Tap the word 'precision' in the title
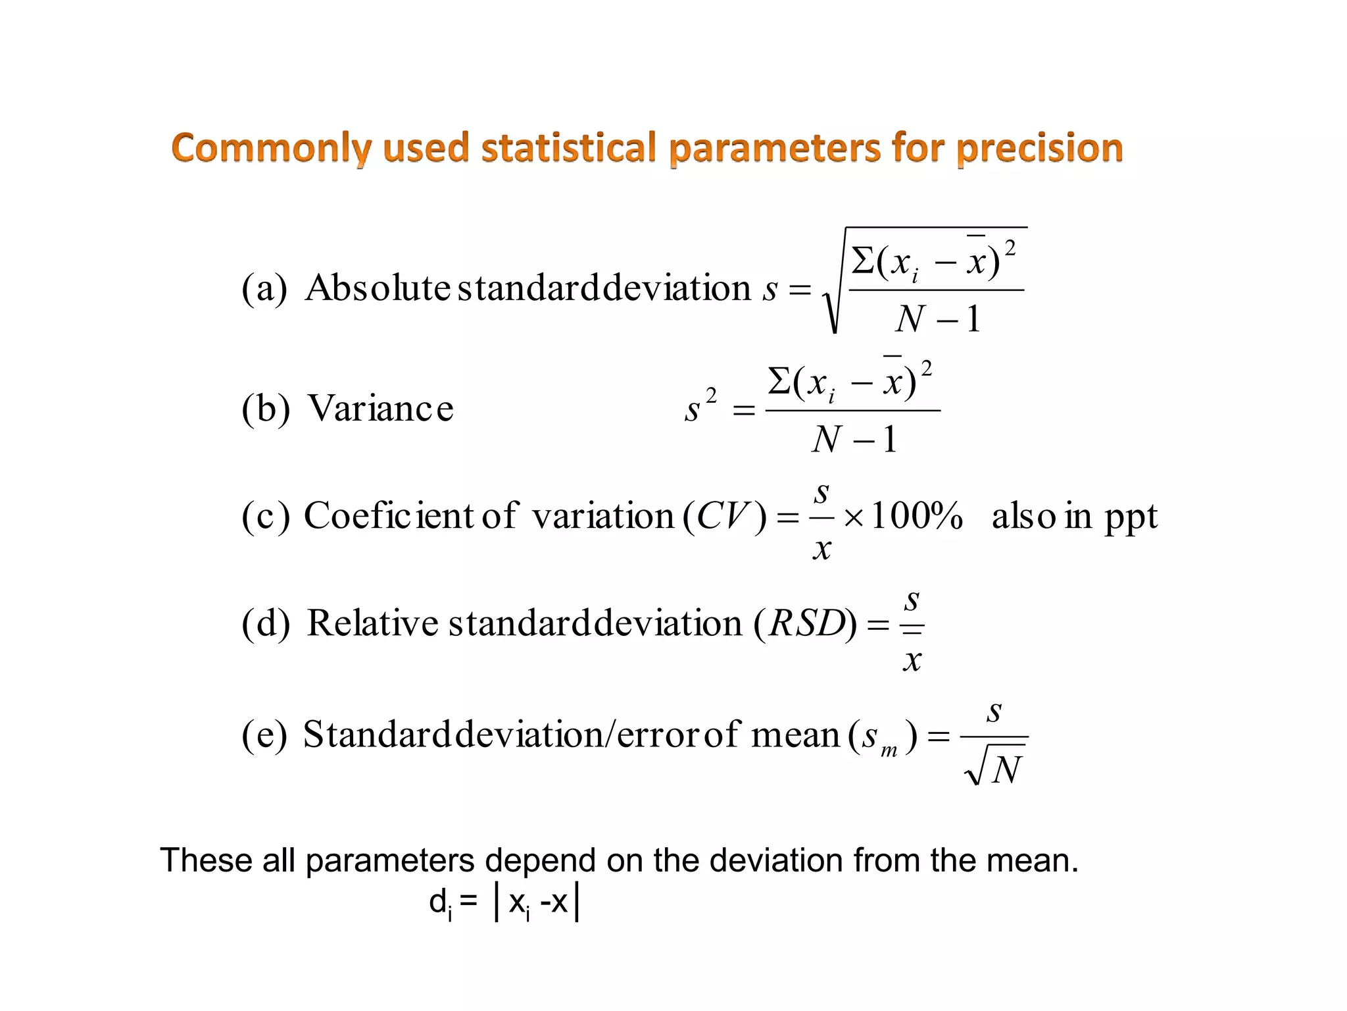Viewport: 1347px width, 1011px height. pos(1040,148)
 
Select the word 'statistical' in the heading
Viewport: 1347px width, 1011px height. pos(569,147)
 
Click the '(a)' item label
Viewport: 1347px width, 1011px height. pos(264,288)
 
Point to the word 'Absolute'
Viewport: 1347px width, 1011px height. pos(378,288)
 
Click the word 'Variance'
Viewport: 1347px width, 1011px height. pos(381,408)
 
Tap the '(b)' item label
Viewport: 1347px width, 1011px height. pos(265,408)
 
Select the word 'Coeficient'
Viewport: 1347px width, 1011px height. pos(388,515)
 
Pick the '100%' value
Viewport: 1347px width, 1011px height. pos(917,515)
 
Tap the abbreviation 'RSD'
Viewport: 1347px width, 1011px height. pos(807,623)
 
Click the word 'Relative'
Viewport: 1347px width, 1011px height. pos(372,623)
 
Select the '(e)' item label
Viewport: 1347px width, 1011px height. pos(264,735)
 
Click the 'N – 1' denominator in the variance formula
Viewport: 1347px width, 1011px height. pos(854,439)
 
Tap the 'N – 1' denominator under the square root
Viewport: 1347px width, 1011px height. pos(937,319)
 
